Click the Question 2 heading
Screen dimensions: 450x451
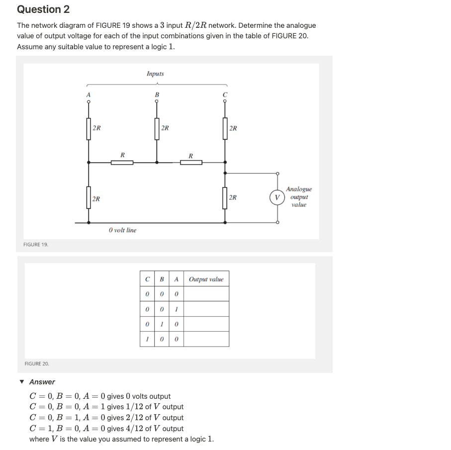tap(43, 9)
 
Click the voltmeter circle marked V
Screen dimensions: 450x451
tap(277, 197)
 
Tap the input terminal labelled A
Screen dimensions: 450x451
tap(89, 101)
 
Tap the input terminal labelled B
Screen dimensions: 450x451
tap(157, 101)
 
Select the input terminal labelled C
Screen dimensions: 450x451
tap(225, 101)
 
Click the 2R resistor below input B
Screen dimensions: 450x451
tap(157, 128)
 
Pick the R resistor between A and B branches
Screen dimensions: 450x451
tap(122, 162)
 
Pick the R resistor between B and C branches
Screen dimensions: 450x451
tap(191, 162)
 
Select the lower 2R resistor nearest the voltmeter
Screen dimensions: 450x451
tap(225, 197)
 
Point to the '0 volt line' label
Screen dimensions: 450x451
tap(122, 230)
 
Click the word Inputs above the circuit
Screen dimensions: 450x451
tap(155, 74)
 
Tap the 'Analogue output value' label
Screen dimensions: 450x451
tap(299, 197)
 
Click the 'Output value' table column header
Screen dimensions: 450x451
tap(206, 279)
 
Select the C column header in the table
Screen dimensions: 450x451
tap(147, 279)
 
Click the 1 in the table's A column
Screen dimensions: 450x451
tap(177, 309)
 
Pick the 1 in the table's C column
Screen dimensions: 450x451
tap(147, 339)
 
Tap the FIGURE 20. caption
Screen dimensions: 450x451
tap(37, 364)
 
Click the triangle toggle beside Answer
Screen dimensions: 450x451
tap(21, 382)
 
